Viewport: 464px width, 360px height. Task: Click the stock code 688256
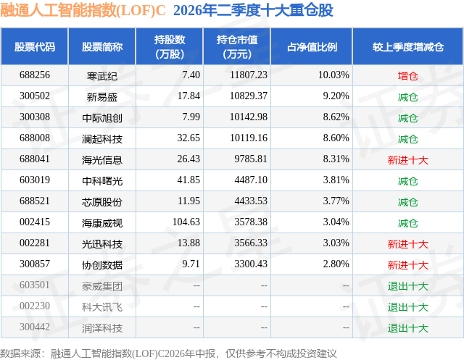pos(35,75)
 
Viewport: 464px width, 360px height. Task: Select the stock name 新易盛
pos(102,97)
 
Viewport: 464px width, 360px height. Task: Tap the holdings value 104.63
pos(186,222)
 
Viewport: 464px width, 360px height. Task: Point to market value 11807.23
pos(249,75)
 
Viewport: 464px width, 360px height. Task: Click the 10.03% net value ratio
pos(333,75)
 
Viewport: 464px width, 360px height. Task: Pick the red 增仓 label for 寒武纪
pos(407,76)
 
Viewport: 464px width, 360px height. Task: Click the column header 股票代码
pos(35,46)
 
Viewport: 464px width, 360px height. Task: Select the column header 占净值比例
pos(312,46)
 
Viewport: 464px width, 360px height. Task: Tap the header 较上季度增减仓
pos(408,46)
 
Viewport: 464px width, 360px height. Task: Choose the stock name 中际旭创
pos(102,118)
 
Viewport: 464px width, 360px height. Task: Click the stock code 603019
pos(35,180)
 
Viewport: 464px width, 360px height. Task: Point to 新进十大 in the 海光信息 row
pos(407,160)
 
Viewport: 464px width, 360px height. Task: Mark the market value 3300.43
pos(251,264)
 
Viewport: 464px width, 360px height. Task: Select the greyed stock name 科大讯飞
pos(102,307)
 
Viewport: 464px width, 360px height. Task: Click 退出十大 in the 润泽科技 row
pos(407,328)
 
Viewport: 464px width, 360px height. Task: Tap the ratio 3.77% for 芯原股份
pos(336,201)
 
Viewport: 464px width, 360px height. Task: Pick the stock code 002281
pos(35,243)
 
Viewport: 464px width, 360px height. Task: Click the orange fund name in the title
pos(83,10)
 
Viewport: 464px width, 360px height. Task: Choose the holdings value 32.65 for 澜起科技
pos(188,138)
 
